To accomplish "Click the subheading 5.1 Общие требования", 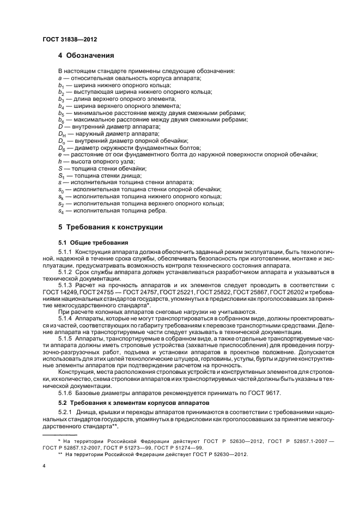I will [x=93, y=242].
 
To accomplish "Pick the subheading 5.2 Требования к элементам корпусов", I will [x=126, y=402].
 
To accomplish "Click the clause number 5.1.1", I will [x=65, y=252].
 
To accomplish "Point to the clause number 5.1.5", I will [x=65, y=338].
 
